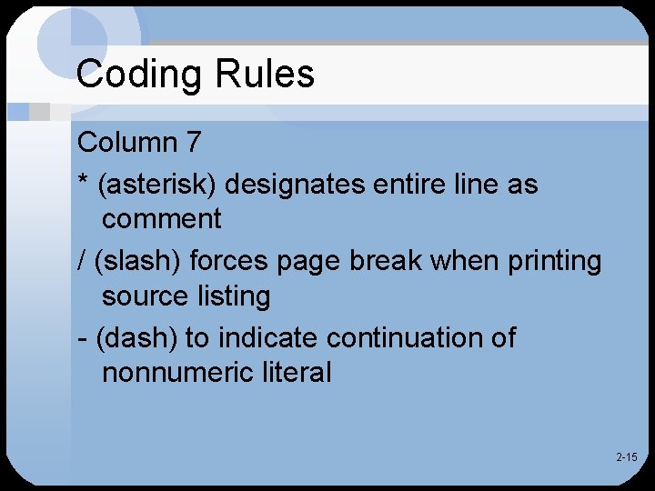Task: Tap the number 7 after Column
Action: (192, 143)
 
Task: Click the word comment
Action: (162, 219)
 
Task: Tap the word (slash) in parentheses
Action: (141, 262)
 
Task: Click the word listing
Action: (232, 296)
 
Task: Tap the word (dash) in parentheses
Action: (137, 338)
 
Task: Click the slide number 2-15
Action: (626, 457)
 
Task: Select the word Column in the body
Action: (127, 143)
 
